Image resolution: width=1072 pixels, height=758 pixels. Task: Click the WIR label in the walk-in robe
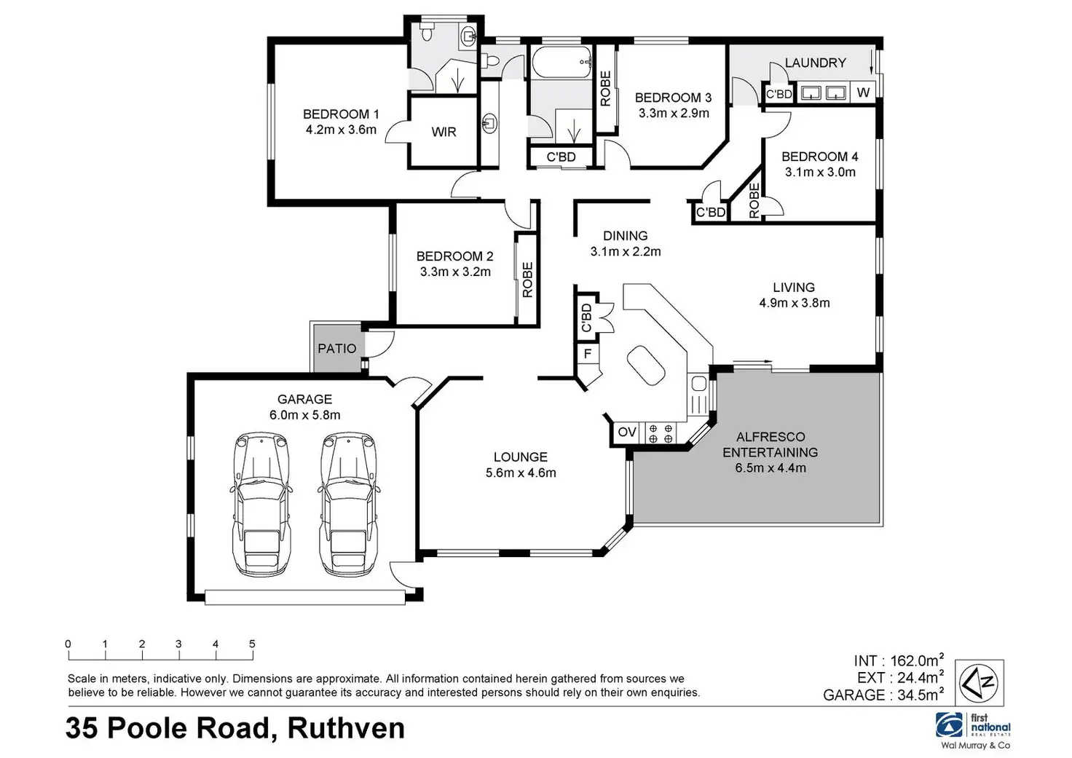pyautogui.click(x=444, y=132)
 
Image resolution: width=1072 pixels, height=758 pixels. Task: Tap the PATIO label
pyautogui.click(x=336, y=349)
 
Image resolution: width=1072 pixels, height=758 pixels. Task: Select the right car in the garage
pyautogui.click(x=349, y=504)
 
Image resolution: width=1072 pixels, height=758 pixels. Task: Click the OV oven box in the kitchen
pyautogui.click(x=626, y=433)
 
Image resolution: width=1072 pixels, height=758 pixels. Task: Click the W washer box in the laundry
pyautogui.click(x=863, y=92)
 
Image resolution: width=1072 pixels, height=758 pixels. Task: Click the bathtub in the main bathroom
pyautogui.click(x=561, y=63)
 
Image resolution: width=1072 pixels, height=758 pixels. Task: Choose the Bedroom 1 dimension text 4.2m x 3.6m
pyautogui.click(x=341, y=130)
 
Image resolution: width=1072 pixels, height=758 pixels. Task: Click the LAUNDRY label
pyautogui.click(x=815, y=63)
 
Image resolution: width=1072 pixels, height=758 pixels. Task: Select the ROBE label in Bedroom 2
pyautogui.click(x=528, y=280)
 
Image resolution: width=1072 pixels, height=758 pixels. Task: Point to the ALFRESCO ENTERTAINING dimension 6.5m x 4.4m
pyautogui.click(x=770, y=468)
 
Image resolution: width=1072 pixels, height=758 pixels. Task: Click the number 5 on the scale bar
pyautogui.click(x=252, y=644)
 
